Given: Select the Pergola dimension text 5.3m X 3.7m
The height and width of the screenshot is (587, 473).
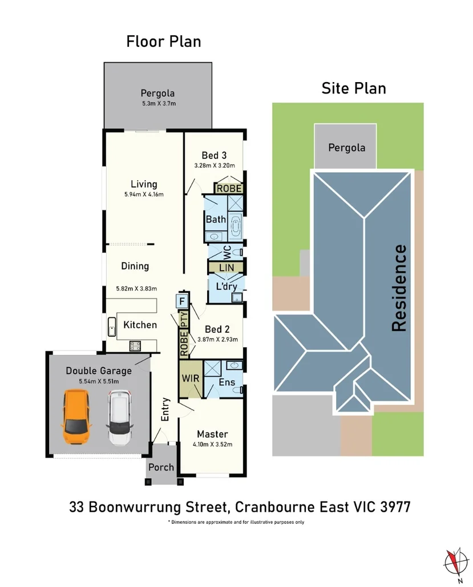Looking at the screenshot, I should coord(159,104).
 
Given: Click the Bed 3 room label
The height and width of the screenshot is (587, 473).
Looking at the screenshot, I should coord(215,155).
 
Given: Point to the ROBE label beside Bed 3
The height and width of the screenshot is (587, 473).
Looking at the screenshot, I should coord(229,188).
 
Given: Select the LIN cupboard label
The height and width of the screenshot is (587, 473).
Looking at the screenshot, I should coord(227,267).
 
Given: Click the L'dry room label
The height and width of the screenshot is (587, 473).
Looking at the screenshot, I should coord(226,286).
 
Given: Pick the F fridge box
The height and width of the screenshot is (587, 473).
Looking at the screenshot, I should coord(182,300).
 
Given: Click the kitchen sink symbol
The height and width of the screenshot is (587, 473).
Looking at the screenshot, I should coord(112,327).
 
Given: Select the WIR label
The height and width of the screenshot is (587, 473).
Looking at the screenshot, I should coord(190,378).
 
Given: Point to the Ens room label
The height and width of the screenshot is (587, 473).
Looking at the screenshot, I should coord(227,382).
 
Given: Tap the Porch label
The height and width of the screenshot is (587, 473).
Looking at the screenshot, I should coord(161,467).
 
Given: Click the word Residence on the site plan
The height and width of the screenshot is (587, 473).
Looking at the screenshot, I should coord(399,288).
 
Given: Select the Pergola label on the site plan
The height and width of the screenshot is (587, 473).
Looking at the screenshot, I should coord(346,148).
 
